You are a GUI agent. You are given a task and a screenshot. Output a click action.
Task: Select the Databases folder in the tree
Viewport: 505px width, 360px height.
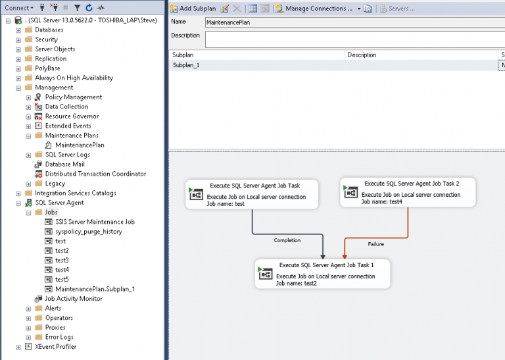point(49,30)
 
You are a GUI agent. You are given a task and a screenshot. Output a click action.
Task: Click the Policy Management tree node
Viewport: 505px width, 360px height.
point(73,97)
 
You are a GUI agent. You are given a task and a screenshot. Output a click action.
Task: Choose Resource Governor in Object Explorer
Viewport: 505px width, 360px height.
point(72,116)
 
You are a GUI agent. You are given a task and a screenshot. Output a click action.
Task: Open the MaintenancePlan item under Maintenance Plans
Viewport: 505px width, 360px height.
point(80,145)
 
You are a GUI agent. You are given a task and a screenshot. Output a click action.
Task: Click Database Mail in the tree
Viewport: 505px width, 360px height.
point(64,165)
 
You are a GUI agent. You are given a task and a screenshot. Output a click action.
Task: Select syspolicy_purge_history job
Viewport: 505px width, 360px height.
point(88,232)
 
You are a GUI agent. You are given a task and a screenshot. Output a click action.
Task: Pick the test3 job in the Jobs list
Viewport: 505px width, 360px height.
point(62,261)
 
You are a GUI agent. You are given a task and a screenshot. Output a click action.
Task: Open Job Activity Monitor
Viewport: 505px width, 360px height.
point(73,299)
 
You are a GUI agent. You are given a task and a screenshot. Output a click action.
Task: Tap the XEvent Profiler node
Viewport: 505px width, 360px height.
point(55,347)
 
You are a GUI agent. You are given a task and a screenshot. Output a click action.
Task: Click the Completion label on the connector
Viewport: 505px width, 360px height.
point(287,240)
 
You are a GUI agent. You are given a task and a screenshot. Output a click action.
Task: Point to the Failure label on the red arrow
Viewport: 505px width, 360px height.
point(375,244)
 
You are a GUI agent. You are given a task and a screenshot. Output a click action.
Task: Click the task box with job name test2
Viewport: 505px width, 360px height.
point(322,273)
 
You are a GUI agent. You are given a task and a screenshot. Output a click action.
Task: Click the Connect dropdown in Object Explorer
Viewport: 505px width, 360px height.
point(19,8)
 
